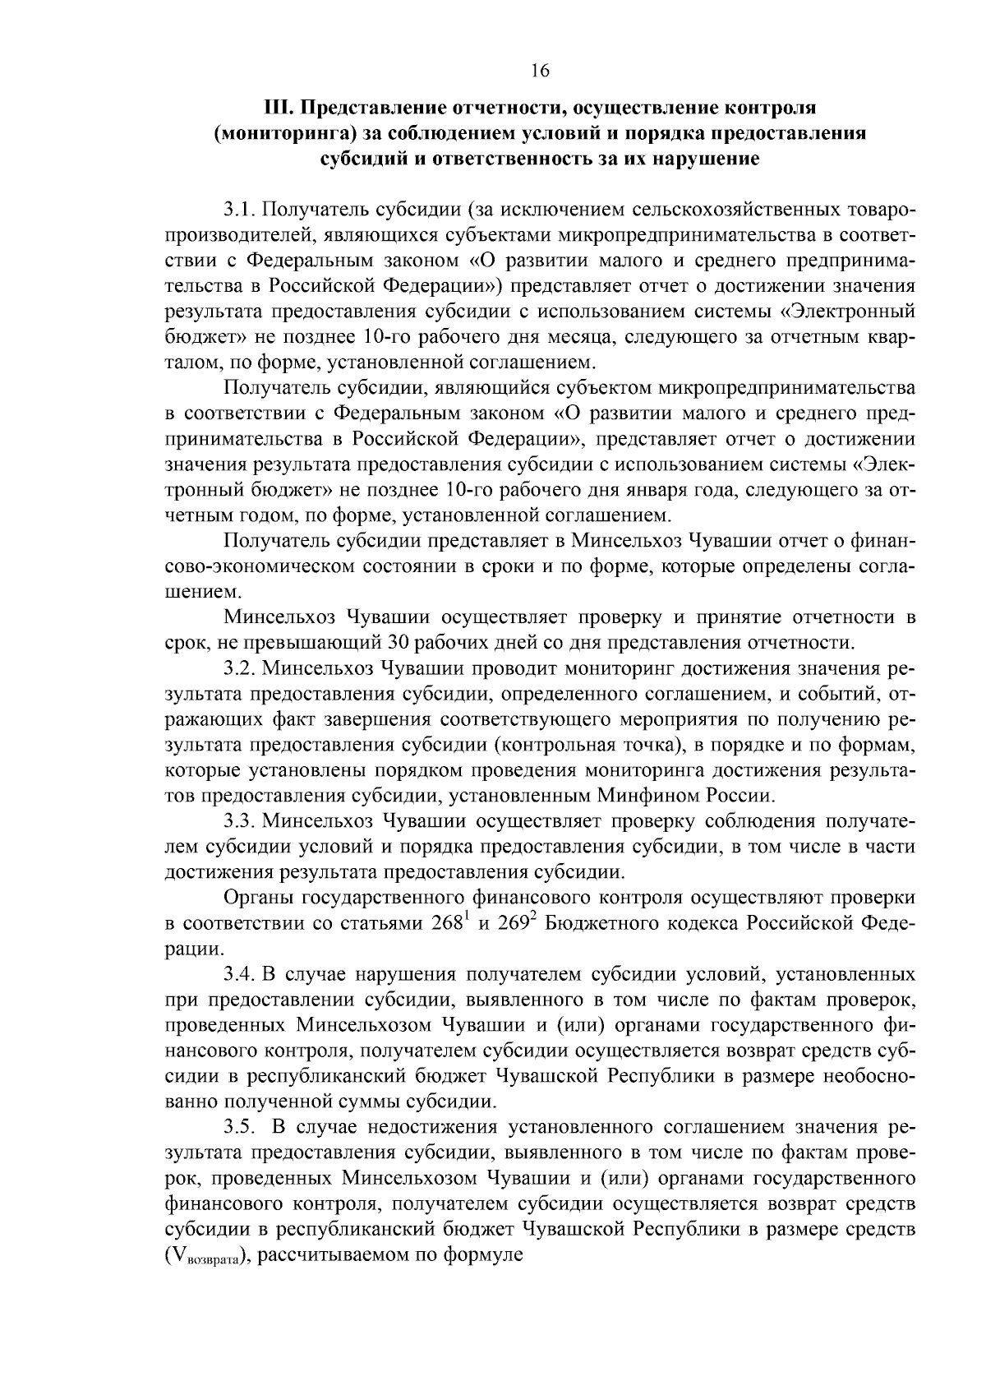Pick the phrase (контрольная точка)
tap(589, 745)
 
